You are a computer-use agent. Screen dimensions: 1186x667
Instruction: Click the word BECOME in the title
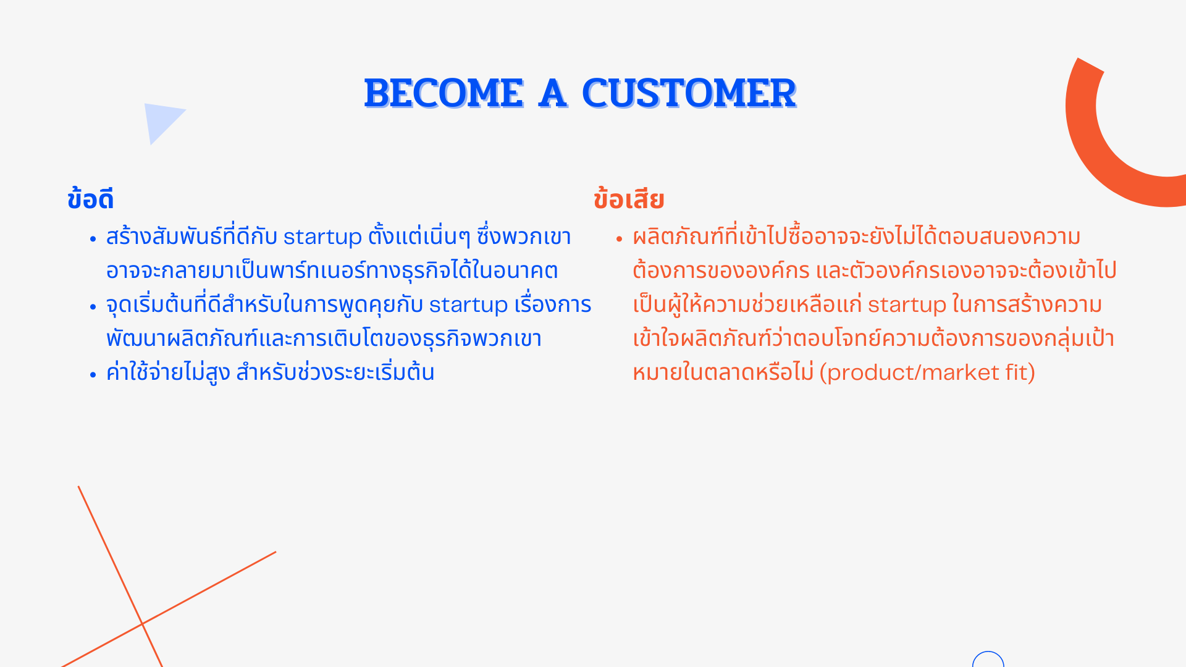pos(444,94)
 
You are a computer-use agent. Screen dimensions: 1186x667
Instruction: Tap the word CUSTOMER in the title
pos(689,94)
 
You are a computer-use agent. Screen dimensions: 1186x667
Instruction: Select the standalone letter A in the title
pos(553,94)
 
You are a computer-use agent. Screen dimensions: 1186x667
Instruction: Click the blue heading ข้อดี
pos(90,199)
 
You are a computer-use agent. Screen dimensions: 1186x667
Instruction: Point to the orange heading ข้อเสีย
pos(629,199)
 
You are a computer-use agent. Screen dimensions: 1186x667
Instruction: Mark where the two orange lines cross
pos(142,624)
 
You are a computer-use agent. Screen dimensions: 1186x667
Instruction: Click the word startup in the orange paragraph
pos(907,305)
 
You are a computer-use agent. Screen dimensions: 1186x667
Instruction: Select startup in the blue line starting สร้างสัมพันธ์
pos(322,237)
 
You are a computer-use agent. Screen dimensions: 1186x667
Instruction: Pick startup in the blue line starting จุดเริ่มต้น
pos(468,305)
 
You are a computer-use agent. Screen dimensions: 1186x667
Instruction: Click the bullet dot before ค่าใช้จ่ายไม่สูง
pos(93,374)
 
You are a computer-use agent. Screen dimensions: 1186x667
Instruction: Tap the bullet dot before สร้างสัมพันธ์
pos(93,238)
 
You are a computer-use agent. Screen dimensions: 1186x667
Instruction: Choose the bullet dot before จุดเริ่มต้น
pos(93,306)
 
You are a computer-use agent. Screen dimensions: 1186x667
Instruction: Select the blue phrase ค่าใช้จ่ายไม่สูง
pos(168,372)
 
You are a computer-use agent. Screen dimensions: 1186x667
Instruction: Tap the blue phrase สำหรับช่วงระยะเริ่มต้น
pos(335,372)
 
